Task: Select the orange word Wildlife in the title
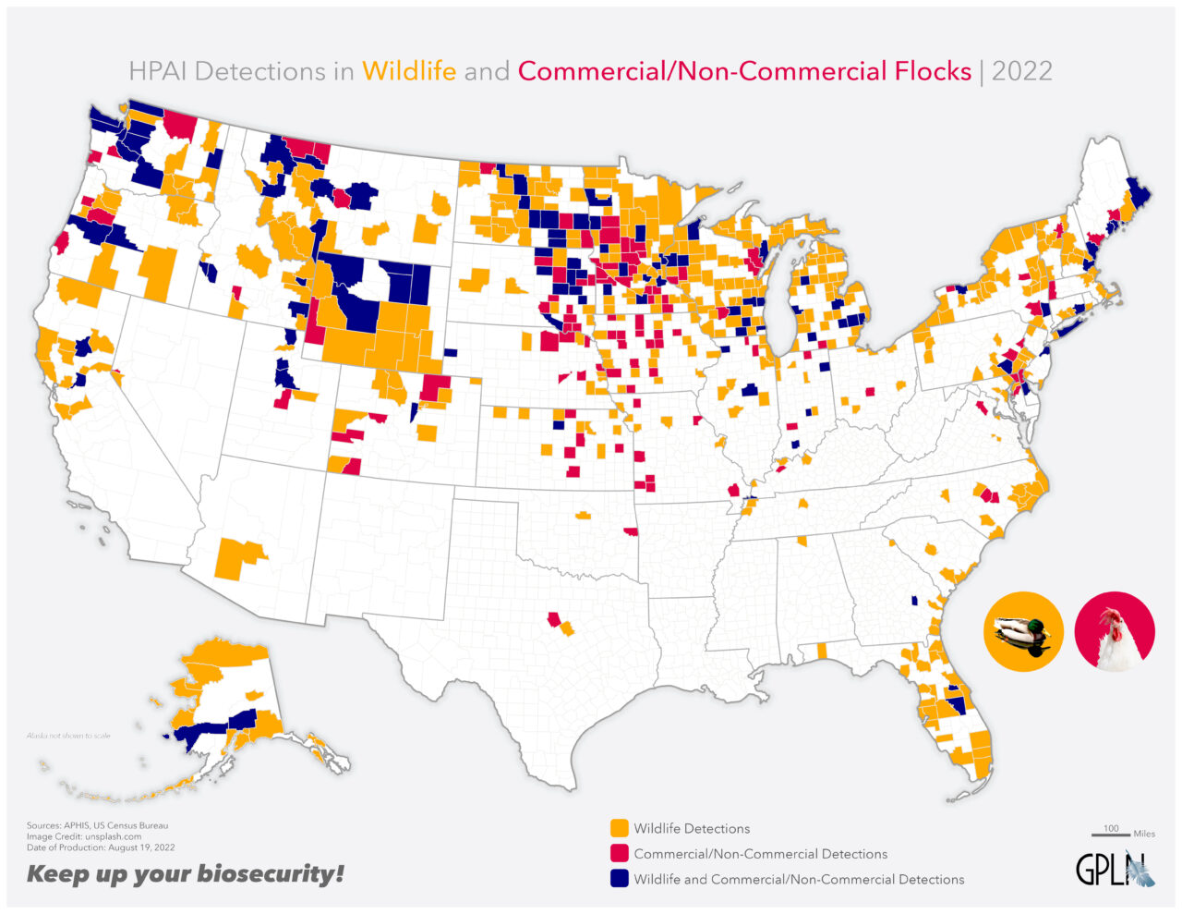click(409, 71)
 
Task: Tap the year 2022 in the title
click(1022, 71)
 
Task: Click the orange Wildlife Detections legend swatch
click(619, 828)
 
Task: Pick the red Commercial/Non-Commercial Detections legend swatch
click(619, 853)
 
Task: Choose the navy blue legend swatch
click(619, 878)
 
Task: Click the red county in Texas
click(554, 618)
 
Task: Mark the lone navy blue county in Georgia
click(914, 600)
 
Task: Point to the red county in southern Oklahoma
click(631, 533)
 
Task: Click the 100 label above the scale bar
click(1111, 828)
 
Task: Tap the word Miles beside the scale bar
click(1144, 834)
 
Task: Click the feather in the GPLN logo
click(1142, 870)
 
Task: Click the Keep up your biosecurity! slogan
click(185, 873)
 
